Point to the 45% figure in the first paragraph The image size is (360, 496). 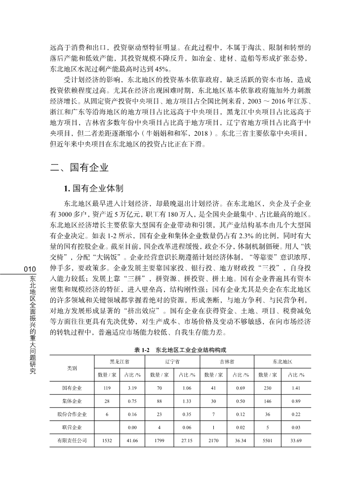148,69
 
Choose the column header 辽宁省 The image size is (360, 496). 172,362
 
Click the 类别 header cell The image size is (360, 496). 72,368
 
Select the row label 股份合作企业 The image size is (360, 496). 72,414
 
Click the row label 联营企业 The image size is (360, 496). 72,426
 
